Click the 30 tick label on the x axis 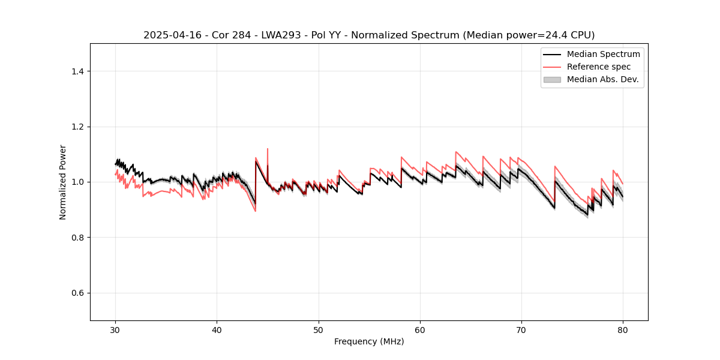[x=116, y=330]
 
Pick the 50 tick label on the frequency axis [x=319, y=330]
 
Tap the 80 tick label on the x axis [x=623, y=330]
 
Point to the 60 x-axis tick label [x=420, y=330]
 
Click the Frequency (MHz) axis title [x=369, y=341]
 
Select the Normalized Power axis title [x=63, y=182]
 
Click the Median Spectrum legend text [x=603, y=54]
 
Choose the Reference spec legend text [x=599, y=67]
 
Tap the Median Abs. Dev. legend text [x=602, y=79]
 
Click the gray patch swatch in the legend [x=552, y=79]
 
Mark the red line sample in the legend [x=552, y=67]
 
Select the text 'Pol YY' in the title [x=327, y=35]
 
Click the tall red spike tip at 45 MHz [x=268, y=149]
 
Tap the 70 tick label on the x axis [x=521, y=330]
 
